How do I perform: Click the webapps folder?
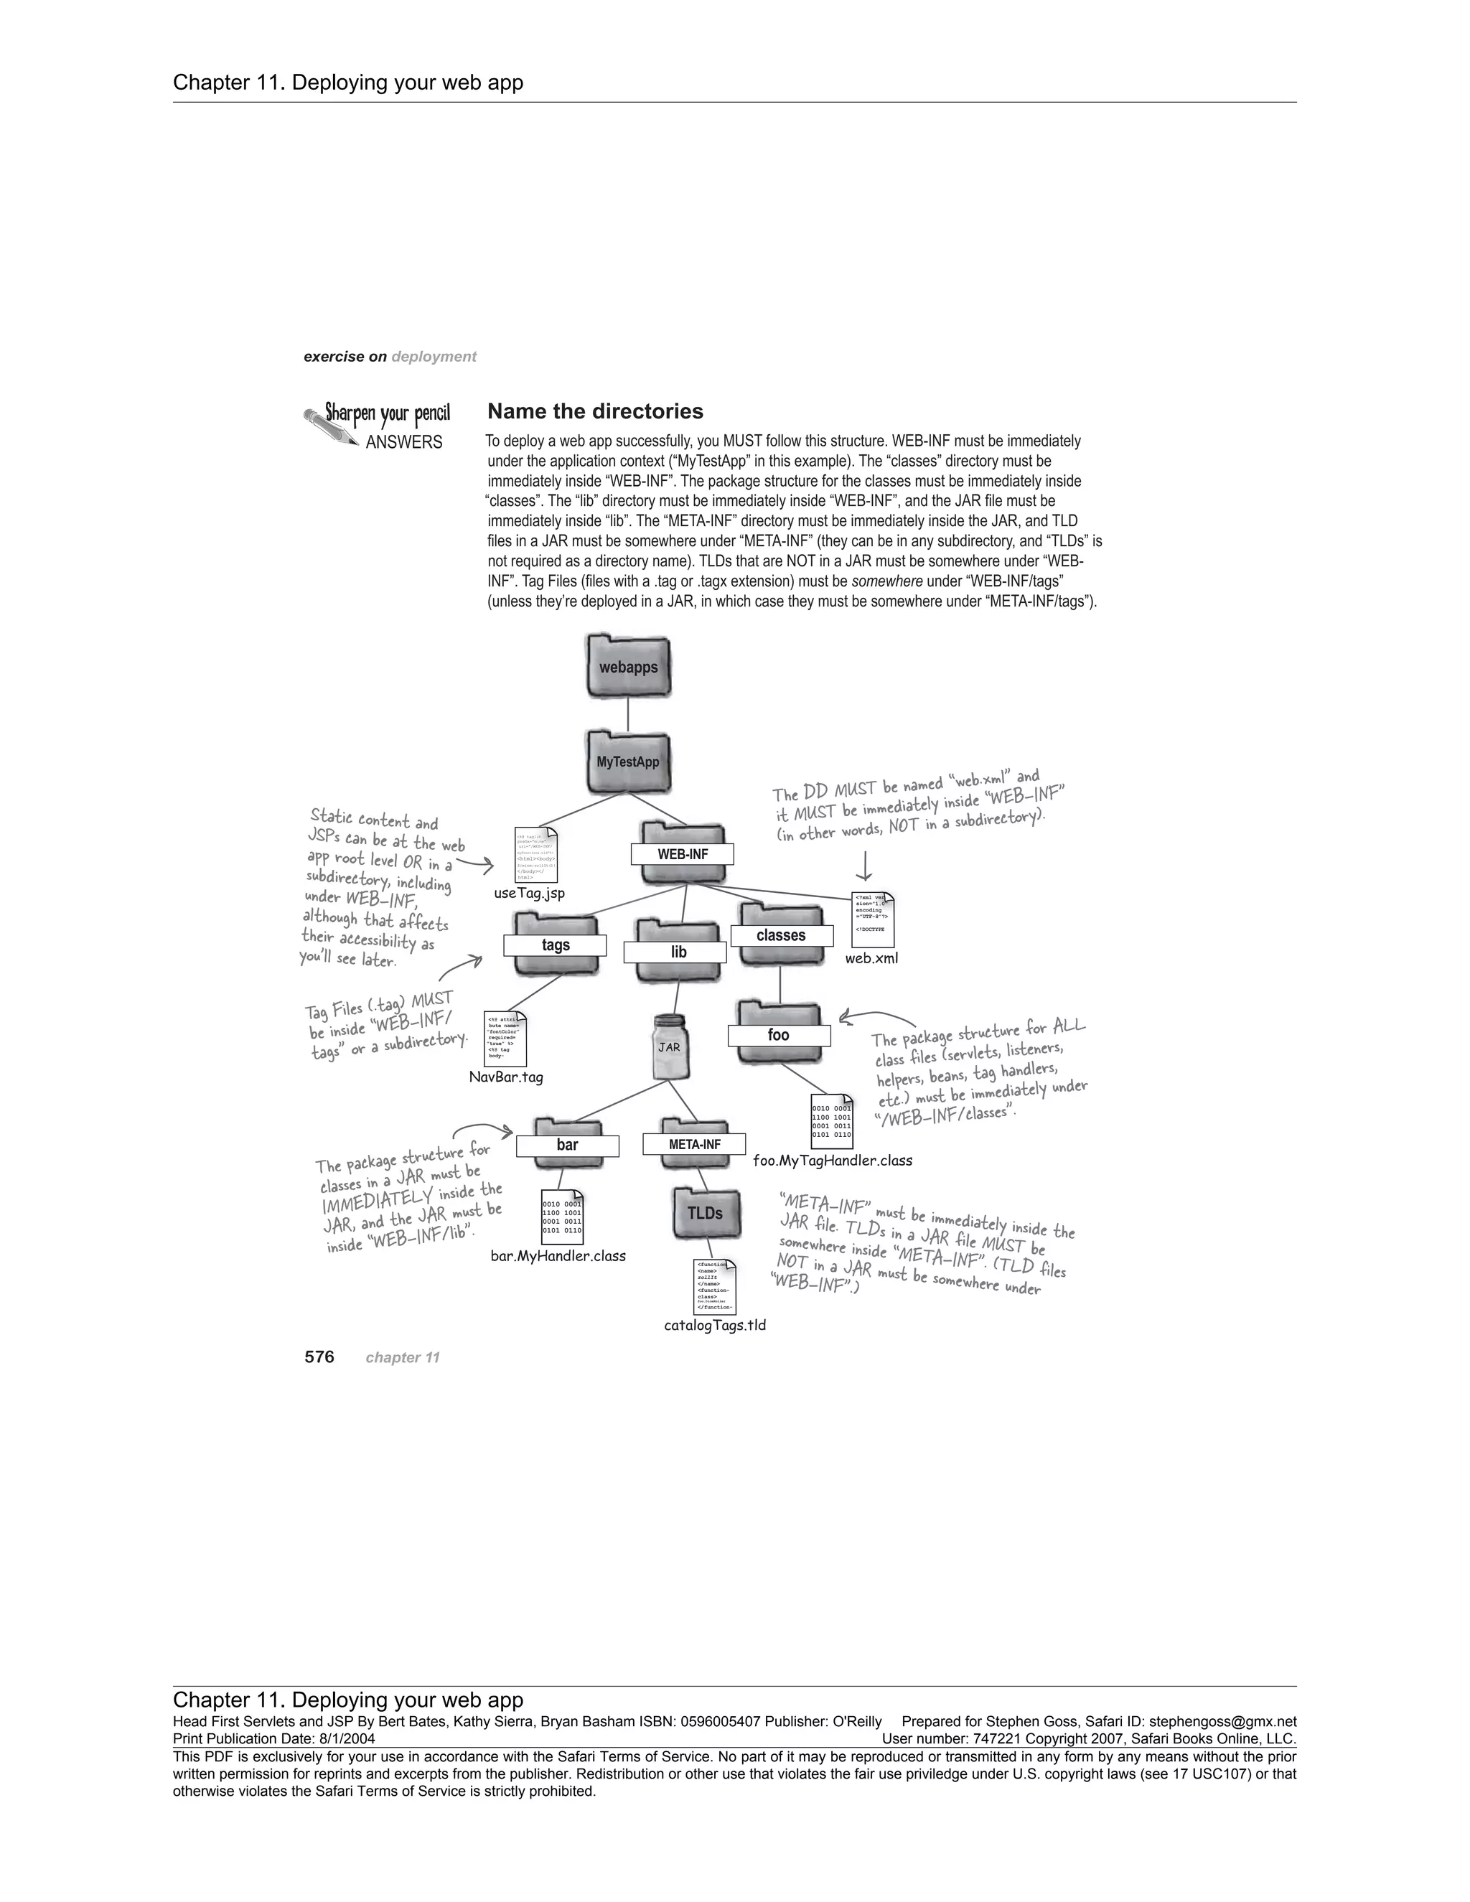[629, 667]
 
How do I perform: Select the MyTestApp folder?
[628, 762]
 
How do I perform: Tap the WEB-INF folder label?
[683, 854]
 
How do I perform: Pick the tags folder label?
[556, 945]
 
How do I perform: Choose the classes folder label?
[781, 935]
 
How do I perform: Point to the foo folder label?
[779, 1034]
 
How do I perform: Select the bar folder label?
[567, 1146]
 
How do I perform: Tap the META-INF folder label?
[694, 1144]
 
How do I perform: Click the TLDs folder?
[706, 1213]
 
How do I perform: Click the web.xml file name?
[871, 959]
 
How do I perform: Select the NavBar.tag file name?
[506, 1077]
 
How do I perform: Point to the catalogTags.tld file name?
[715, 1326]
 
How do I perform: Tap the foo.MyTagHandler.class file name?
[833, 1160]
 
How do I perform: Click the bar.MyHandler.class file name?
[558, 1256]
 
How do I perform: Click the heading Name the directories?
[595, 411]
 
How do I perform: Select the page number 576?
[319, 1357]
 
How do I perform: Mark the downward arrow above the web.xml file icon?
[865, 865]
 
